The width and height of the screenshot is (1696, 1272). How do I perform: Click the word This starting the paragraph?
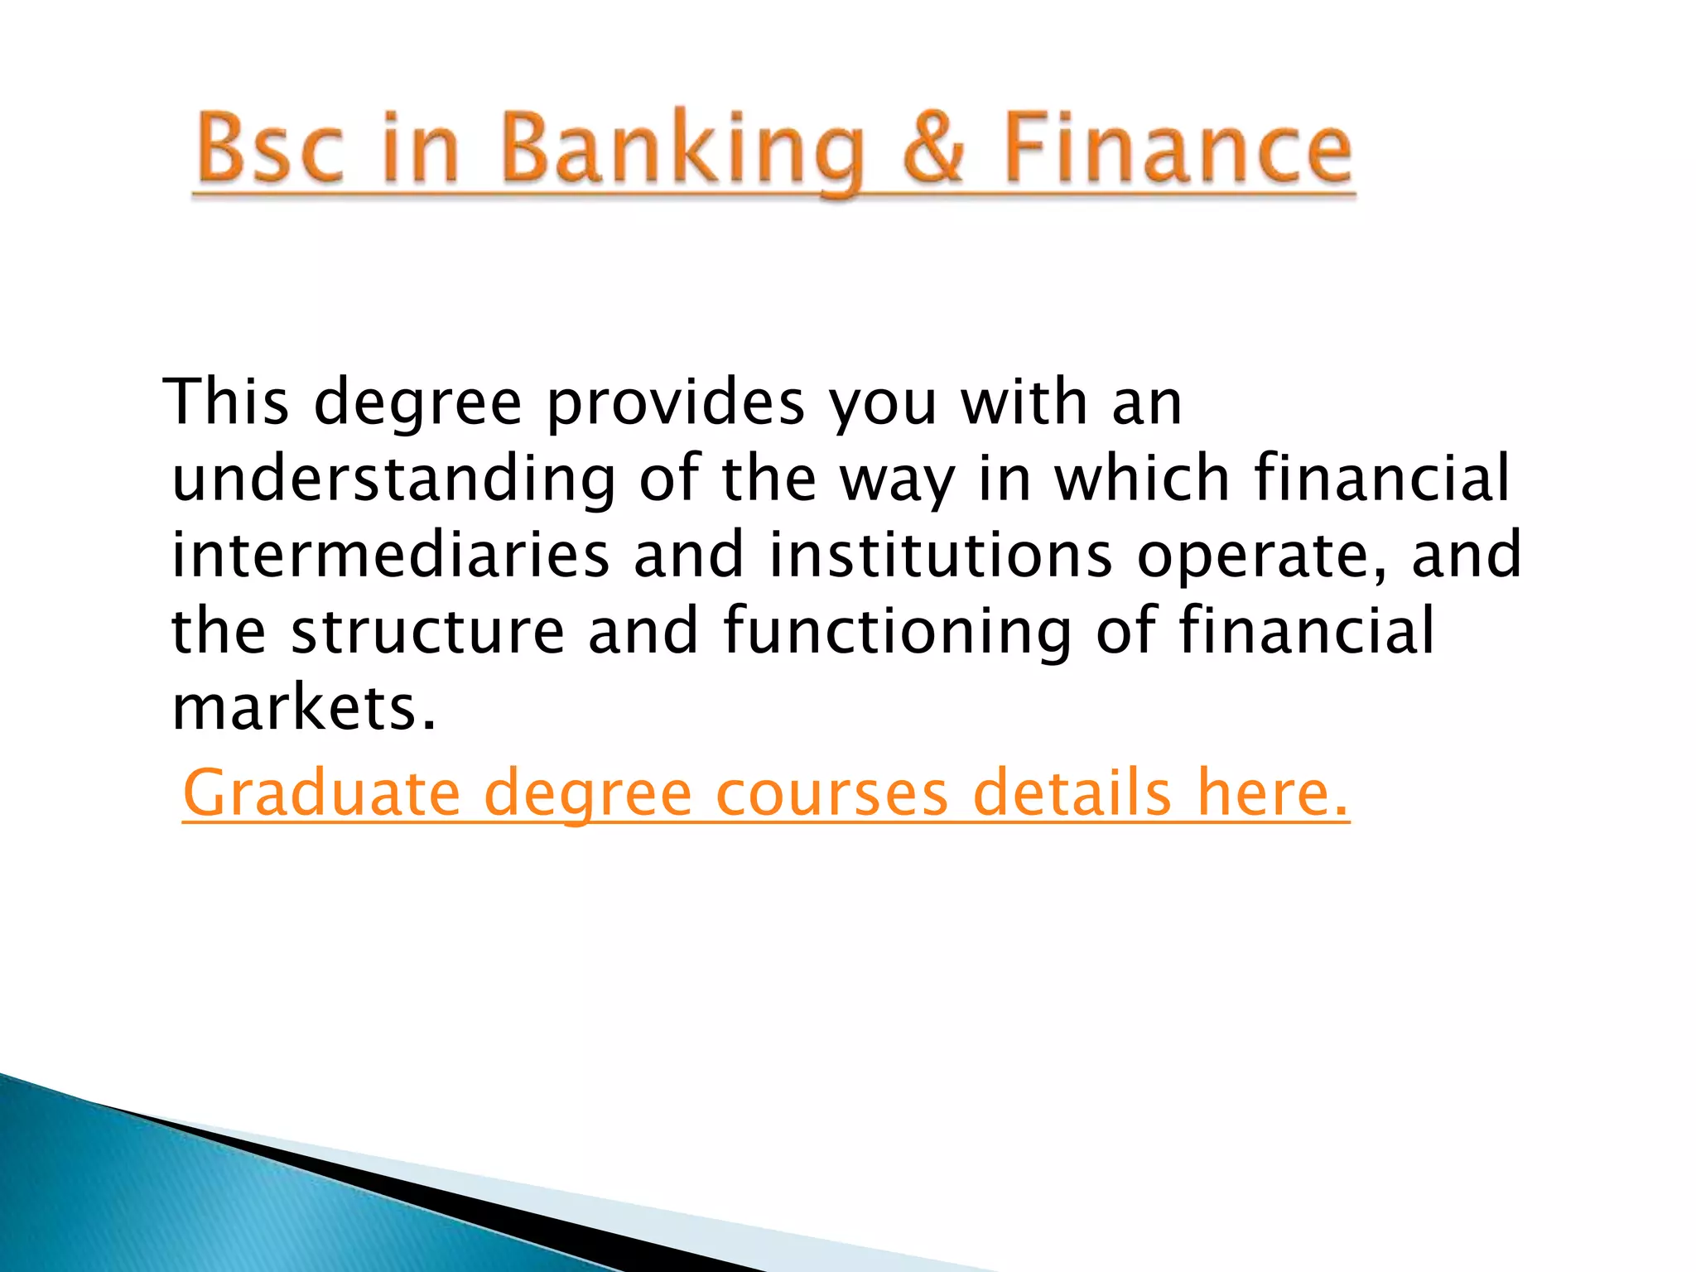[x=226, y=402]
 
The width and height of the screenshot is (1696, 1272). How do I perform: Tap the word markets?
[x=303, y=709]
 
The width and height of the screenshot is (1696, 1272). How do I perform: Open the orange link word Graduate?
[x=320, y=793]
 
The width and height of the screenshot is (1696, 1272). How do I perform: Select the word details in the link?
[x=1072, y=793]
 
